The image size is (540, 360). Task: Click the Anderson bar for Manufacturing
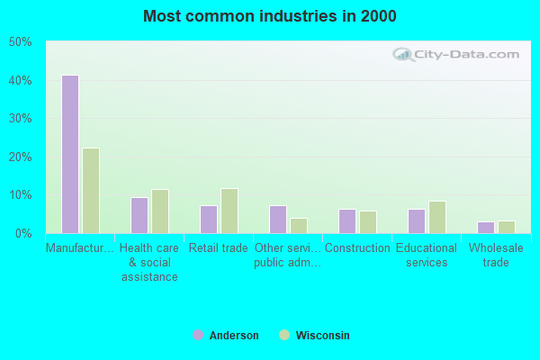pos(70,154)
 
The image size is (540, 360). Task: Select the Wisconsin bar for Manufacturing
pos(91,191)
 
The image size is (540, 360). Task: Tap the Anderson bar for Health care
pos(139,215)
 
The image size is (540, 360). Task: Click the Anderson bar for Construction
pos(347,221)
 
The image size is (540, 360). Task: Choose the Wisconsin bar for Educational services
pos(437,217)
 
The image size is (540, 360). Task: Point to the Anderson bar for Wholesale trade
pos(486,227)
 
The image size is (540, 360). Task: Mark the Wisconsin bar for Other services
pos(299,225)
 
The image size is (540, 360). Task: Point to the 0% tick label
pos(23,233)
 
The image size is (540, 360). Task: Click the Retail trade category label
pos(219,247)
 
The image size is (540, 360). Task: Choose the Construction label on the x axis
pos(357,247)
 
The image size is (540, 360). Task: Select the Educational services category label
pos(427,255)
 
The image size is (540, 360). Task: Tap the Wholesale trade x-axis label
pos(496,255)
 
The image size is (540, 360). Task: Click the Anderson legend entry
pos(226,336)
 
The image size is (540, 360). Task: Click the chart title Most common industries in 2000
pos(269,16)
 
